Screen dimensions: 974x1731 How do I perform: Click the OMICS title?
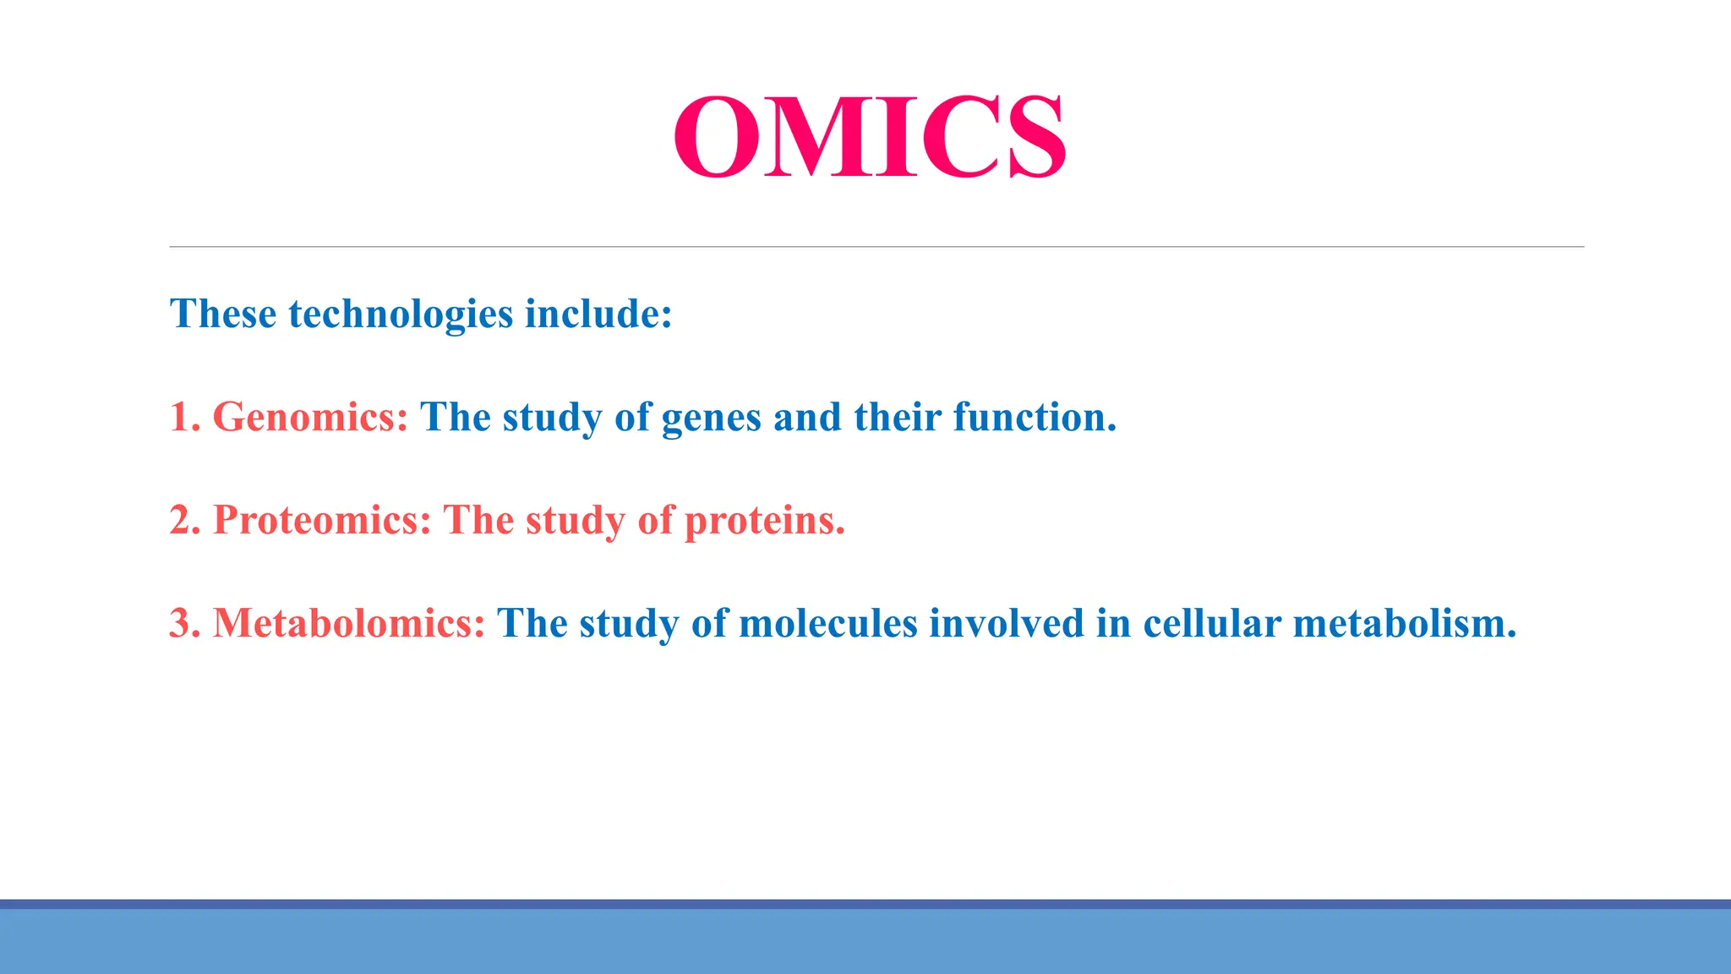pyautogui.click(x=869, y=137)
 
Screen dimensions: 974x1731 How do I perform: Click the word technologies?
pyautogui.click(x=401, y=315)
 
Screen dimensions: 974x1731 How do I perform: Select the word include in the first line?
pyautogui.click(x=598, y=315)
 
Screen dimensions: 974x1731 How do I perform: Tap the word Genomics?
pyautogui.click(x=309, y=418)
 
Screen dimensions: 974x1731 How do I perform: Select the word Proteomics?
pyautogui.click(x=321, y=521)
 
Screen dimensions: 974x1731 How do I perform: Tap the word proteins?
pyautogui.click(x=763, y=522)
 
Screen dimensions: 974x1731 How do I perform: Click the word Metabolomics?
pyautogui.click(x=348, y=624)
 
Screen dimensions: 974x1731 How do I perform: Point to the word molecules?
pyautogui.click(x=827, y=624)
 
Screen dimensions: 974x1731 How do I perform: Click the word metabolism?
pyautogui.click(x=1404, y=624)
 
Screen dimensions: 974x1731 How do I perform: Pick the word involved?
pyautogui.click(x=1006, y=624)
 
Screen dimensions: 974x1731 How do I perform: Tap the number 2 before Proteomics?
pyautogui.click(x=183, y=521)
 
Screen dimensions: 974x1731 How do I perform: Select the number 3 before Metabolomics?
pyautogui.click(x=183, y=624)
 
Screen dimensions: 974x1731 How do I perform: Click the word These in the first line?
pyautogui.click(x=223, y=315)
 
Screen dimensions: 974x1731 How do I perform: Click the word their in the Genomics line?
pyautogui.click(x=897, y=418)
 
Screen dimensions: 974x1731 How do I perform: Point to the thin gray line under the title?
pyautogui.click(x=876, y=247)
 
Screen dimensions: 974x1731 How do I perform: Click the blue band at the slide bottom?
pyautogui.click(x=865, y=940)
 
